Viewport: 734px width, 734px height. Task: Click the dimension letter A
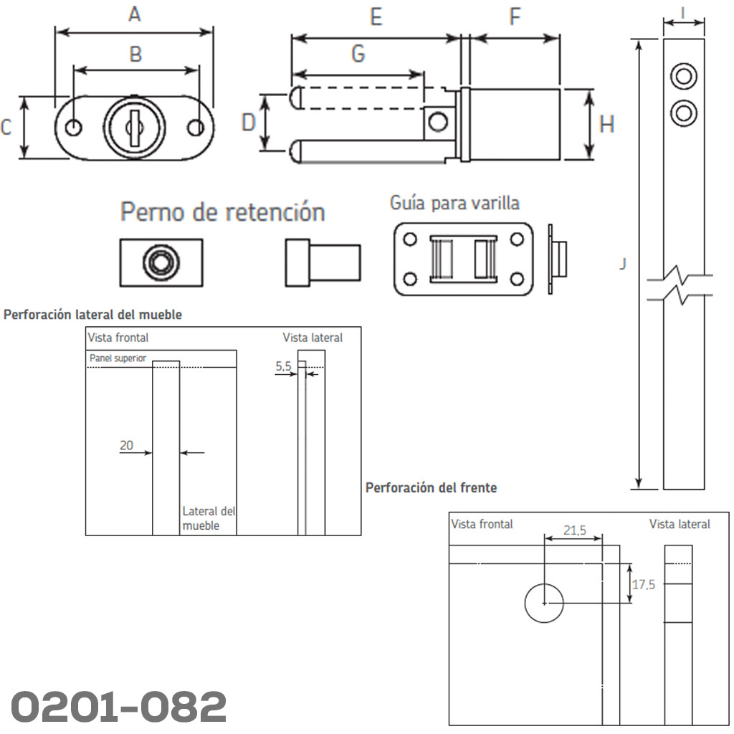click(134, 14)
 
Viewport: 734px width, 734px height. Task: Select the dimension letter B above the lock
click(135, 54)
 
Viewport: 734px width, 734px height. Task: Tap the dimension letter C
click(6, 128)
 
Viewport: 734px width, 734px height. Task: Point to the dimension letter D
click(249, 123)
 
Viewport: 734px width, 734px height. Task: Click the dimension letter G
click(358, 54)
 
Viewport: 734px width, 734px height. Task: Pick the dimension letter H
click(607, 125)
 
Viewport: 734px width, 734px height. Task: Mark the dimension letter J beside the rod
click(623, 264)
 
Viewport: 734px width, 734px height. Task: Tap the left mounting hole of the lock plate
click(73, 128)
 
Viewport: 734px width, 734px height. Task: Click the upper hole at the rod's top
click(684, 76)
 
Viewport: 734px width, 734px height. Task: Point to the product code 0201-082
click(119, 707)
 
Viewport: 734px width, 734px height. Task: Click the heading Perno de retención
click(222, 212)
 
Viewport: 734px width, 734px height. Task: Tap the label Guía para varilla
click(454, 203)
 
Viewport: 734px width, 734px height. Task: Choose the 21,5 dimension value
click(574, 530)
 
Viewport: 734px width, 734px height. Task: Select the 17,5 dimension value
click(643, 584)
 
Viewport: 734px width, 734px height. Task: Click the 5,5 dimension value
click(283, 366)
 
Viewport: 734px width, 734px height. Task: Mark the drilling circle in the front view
click(544, 604)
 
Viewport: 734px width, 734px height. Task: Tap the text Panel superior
click(118, 358)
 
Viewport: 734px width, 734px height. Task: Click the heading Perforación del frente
click(431, 487)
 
